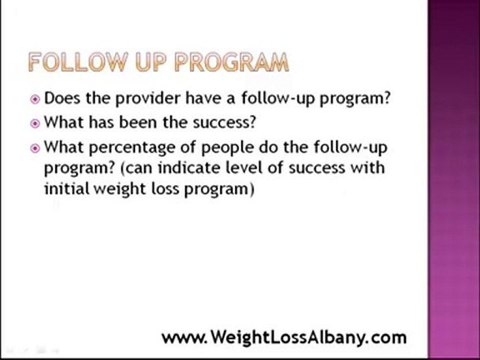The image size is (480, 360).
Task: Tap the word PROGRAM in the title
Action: (x=233, y=63)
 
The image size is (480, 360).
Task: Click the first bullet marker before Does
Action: (x=35, y=100)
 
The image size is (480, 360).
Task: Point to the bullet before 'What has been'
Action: (x=35, y=124)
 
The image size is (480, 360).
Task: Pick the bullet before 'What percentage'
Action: (x=35, y=149)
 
